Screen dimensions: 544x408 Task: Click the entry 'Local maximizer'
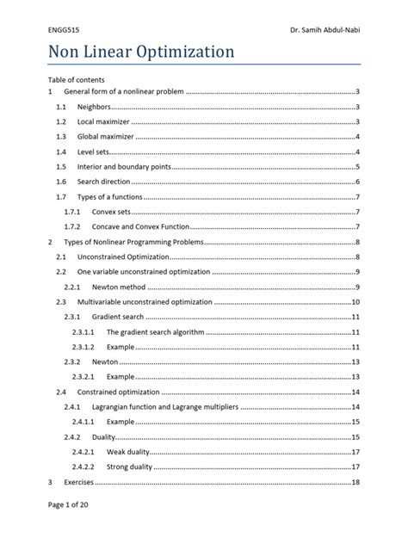(102, 122)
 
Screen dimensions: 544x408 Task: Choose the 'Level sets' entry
(93, 151)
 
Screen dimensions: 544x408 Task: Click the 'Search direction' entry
(104, 182)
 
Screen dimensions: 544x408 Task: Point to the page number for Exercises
(355, 482)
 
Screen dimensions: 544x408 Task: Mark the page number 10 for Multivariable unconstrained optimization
(355, 302)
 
